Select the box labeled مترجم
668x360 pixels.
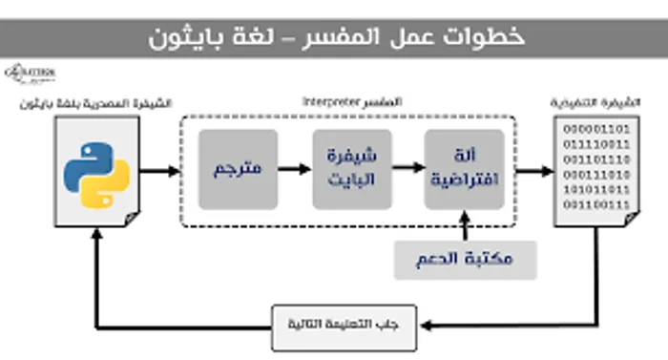point(238,169)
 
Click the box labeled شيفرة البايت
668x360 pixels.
point(351,169)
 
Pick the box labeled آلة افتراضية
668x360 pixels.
point(465,169)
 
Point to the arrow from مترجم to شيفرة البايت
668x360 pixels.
point(294,169)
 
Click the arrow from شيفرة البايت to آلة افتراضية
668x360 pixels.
point(407,169)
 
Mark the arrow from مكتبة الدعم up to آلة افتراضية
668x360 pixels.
point(465,224)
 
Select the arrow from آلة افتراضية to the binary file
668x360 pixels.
point(536,171)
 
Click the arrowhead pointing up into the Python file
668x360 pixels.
point(94,240)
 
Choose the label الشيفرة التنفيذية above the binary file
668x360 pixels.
point(592,100)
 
